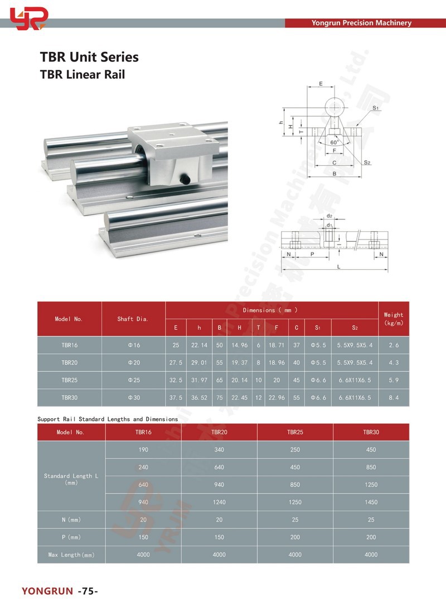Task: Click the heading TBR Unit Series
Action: pos(89,57)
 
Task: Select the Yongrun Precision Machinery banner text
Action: pos(361,23)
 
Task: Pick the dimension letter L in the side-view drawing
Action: pos(338,267)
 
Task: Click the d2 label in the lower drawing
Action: pos(329,216)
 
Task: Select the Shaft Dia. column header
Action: pos(133,319)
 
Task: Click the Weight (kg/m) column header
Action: pos(393,319)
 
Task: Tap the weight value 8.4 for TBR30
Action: pos(393,398)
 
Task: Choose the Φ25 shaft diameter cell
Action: pos(133,380)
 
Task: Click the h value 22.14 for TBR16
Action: pos(199,346)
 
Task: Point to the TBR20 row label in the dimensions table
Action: pos(70,363)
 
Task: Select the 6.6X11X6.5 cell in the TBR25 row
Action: pos(355,380)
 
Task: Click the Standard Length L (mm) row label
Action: pos(71,479)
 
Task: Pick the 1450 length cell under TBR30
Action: pos(371,502)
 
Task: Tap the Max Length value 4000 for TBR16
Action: pos(143,555)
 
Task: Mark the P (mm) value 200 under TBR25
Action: pos(295,537)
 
